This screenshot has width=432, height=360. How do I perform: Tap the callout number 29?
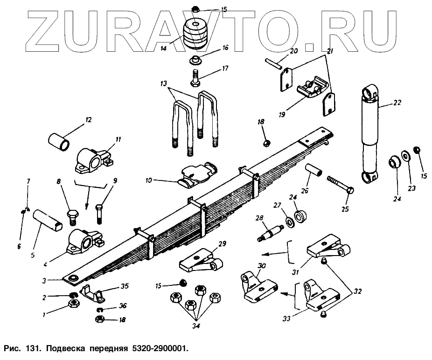coord(222,244)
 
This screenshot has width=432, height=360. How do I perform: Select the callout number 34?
coord(195,325)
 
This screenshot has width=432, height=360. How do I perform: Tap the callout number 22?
coord(397,102)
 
